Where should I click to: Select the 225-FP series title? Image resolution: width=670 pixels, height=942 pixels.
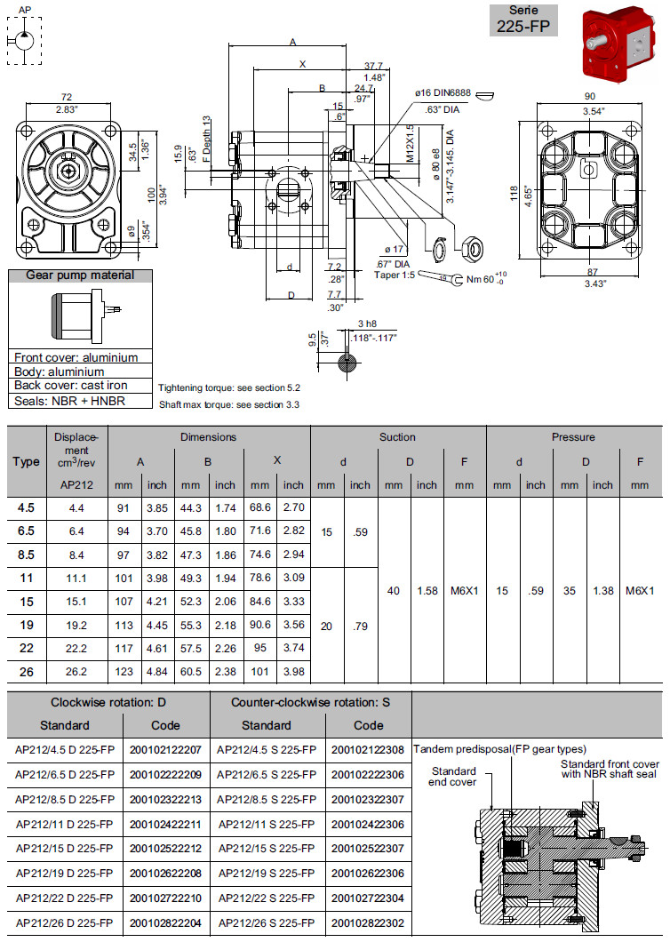(525, 20)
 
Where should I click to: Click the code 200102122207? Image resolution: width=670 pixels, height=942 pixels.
(166, 749)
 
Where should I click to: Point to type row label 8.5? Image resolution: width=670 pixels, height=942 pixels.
(27, 555)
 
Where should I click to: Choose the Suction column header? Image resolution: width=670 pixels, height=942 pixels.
(397, 437)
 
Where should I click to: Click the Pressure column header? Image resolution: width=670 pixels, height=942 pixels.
(573, 437)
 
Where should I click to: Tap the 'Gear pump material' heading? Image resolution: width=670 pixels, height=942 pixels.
(80, 275)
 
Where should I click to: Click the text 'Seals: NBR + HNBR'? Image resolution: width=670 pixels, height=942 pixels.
(70, 401)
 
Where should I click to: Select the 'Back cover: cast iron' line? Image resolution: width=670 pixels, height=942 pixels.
(70, 386)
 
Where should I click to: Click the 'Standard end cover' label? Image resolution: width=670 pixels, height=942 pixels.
(453, 776)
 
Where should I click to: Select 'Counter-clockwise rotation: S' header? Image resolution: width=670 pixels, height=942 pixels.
(311, 702)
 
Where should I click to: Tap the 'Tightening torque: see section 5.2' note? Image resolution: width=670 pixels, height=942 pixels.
(228, 388)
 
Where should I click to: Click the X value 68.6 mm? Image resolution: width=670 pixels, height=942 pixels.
(259, 508)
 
